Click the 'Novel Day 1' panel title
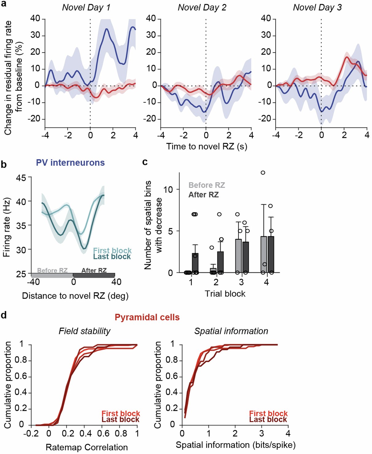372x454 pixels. (x=86, y=7)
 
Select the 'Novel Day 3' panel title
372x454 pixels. (x=317, y=7)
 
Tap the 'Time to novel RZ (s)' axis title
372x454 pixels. (x=207, y=146)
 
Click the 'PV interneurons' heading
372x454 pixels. (x=70, y=163)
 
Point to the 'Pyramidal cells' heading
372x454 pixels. (x=147, y=317)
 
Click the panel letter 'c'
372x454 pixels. (x=145, y=162)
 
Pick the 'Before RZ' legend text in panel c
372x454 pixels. (x=207, y=185)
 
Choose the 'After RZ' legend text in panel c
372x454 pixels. (x=203, y=195)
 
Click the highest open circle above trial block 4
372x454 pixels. (x=263, y=173)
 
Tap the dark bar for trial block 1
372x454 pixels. (x=195, y=263)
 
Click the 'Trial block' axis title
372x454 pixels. (x=225, y=294)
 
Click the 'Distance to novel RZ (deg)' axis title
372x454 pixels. (x=75, y=296)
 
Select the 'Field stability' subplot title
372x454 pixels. (x=84, y=331)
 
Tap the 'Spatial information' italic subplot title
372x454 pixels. (x=231, y=331)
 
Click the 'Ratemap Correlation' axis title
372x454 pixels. (x=87, y=447)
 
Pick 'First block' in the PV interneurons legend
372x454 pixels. (x=112, y=251)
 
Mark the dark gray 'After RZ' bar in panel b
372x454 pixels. (x=94, y=275)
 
